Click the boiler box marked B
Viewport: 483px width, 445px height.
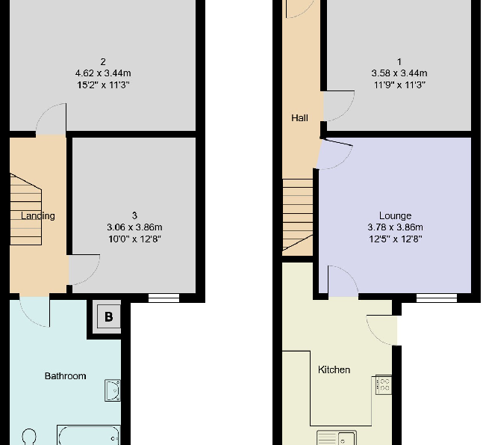[108, 317]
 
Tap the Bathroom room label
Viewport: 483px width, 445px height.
[65, 376]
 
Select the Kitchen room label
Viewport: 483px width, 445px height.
[334, 369]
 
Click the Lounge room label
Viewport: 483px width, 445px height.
[395, 216]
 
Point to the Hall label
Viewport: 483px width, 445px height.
[299, 118]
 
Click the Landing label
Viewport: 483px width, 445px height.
[38, 216]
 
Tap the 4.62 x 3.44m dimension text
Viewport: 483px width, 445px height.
[103, 73]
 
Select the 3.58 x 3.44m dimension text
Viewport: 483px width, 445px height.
[399, 73]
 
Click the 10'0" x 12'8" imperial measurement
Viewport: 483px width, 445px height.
[134, 239]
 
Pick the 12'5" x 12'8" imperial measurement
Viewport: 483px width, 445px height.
[395, 239]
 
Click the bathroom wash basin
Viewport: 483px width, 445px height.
[113, 390]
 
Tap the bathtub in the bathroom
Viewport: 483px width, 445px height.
[88, 435]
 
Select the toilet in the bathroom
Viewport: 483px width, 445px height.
[30, 436]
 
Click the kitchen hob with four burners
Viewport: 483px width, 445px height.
[383, 385]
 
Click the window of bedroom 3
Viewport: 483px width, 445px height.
[163, 298]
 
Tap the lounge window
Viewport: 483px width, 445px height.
[436, 298]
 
